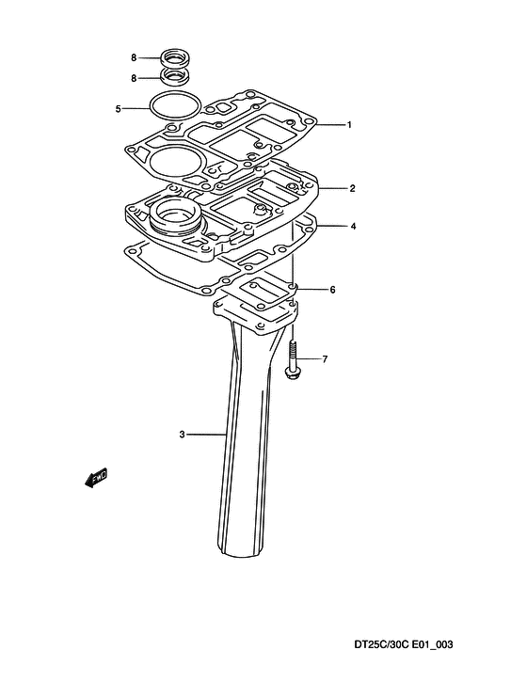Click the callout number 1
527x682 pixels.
[348, 125]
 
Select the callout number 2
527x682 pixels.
[352, 188]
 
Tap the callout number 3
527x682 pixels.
[182, 434]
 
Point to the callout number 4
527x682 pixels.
[353, 226]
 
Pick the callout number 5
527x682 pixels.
[118, 109]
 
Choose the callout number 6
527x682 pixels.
[332, 290]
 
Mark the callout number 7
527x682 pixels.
[325, 359]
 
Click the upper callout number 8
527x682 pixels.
[134, 57]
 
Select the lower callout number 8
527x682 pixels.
[134, 78]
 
